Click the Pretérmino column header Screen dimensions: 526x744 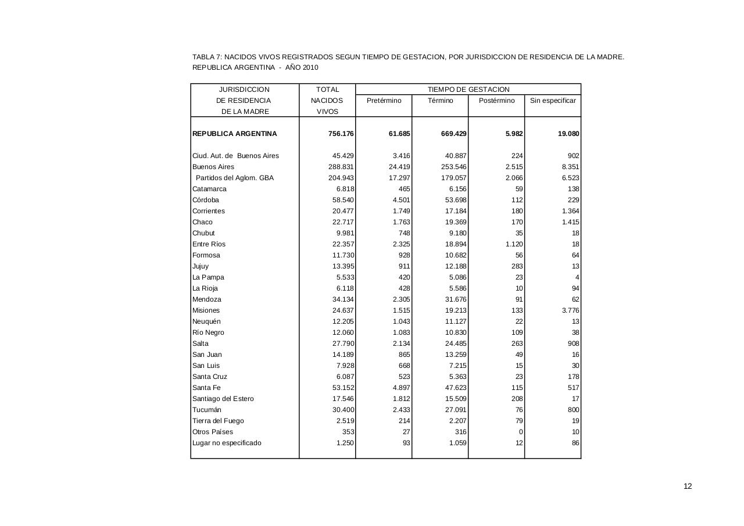(384, 101)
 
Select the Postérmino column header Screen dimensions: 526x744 (496, 101)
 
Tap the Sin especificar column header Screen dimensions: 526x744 (553, 101)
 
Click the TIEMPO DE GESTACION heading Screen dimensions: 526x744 (468, 90)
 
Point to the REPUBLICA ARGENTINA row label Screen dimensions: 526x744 (235, 134)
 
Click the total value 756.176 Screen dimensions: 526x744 (341, 134)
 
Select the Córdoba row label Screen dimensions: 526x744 (206, 200)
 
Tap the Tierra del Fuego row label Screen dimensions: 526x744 (218, 421)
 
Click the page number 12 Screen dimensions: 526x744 (688, 486)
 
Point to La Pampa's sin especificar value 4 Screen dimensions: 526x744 (577, 277)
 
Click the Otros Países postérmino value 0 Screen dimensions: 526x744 (520, 432)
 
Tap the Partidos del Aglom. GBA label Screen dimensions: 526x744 (234, 178)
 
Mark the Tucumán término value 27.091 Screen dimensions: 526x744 (455, 410)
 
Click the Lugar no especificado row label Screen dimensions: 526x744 (227, 443)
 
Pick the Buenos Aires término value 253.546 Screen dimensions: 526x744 (453, 167)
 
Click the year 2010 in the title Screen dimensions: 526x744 (310, 67)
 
